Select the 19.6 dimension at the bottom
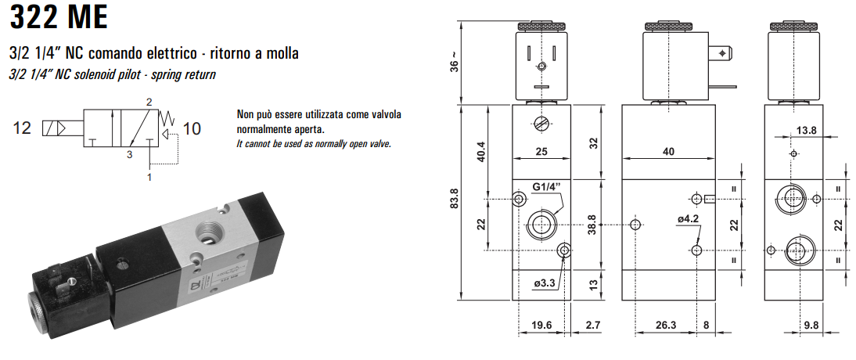[541, 325]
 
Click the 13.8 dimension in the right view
[805, 130]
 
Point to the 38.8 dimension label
[592, 225]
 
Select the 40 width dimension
[667, 152]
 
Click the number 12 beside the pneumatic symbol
[22, 128]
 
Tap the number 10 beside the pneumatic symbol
[192, 128]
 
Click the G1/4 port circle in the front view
[541, 225]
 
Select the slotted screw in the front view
[541, 123]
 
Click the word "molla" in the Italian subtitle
[280, 53]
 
